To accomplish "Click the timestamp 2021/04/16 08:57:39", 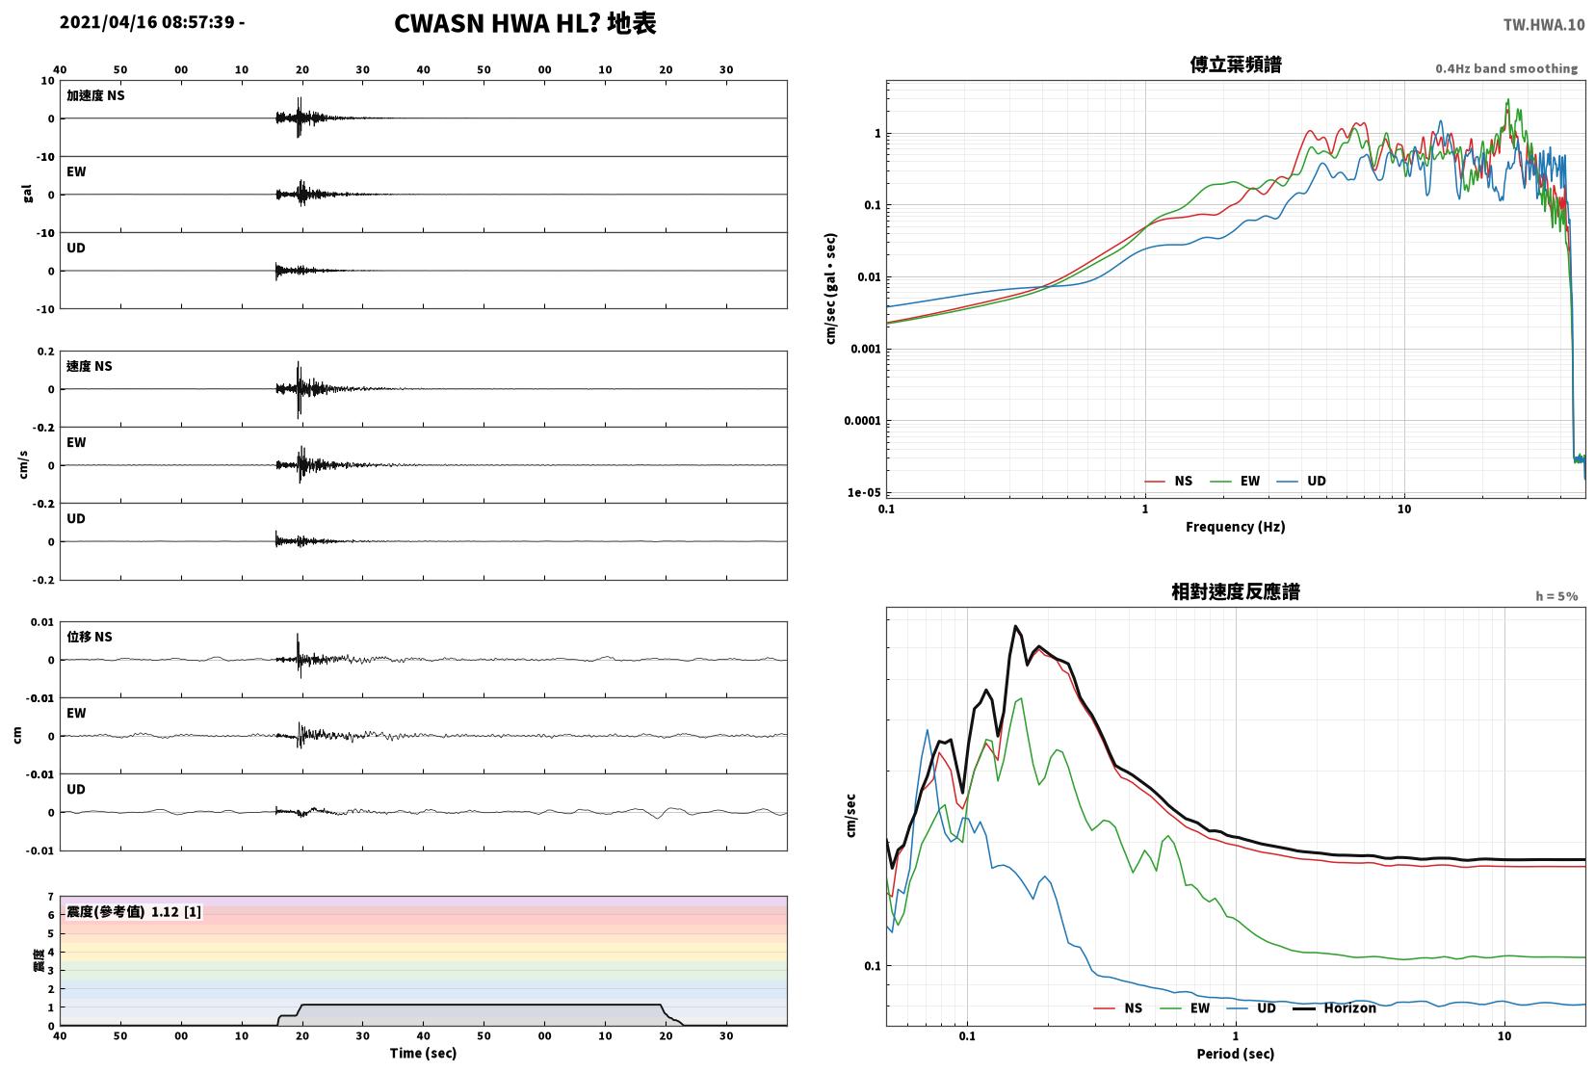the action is tap(147, 22).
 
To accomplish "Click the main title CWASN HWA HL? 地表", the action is tap(525, 23).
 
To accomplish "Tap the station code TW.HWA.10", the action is tap(1544, 25).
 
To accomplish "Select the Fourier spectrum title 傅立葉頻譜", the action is tap(1236, 65).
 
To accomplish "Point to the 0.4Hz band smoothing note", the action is tap(1506, 69).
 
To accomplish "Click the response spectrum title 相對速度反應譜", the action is tap(1236, 591).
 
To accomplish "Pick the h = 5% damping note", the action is tap(1556, 596).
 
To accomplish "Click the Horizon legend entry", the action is tap(1334, 1007).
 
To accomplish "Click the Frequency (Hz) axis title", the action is tap(1236, 527).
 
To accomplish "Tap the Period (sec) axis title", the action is tap(1236, 1054).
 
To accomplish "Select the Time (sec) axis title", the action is tap(423, 1053).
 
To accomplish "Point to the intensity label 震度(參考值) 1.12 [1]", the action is tap(134, 912).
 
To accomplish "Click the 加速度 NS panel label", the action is tap(95, 95).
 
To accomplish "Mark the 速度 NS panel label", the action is tap(89, 366).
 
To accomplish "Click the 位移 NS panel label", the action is tap(89, 637).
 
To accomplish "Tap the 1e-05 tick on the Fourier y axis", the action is tap(864, 492).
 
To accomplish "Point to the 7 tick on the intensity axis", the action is tap(50, 897).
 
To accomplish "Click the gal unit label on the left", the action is tap(27, 194).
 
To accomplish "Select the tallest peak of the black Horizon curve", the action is tap(1016, 626).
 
